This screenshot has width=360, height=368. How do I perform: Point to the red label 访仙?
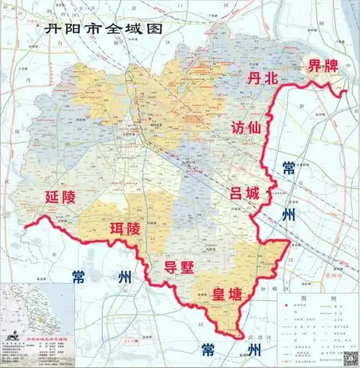tap(246, 129)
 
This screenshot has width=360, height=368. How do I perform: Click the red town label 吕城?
tap(246, 194)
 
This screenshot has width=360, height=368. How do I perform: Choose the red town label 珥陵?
tap(125, 230)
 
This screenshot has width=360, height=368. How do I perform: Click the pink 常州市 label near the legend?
tap(334, 275)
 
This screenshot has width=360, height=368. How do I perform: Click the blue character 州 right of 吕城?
tap(289, 215)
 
